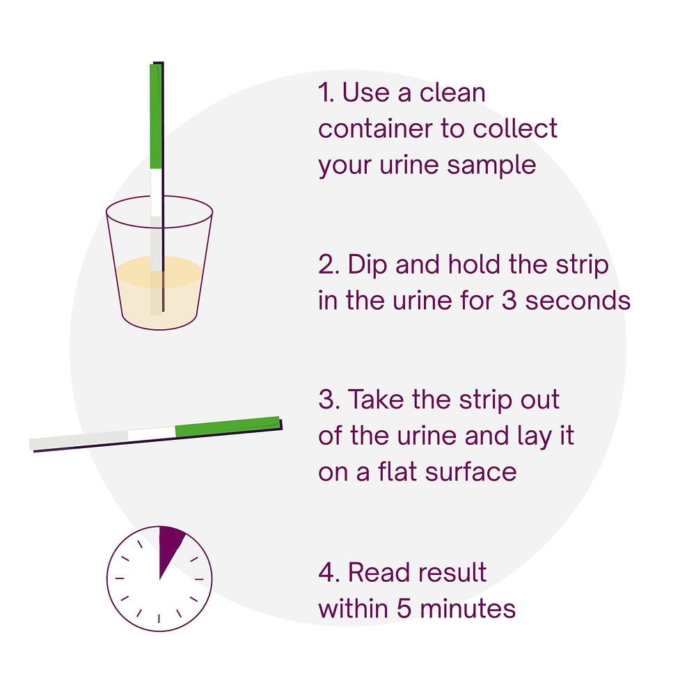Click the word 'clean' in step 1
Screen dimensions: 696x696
452,93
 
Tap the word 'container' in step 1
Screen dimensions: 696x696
375,129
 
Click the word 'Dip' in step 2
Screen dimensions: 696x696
367,266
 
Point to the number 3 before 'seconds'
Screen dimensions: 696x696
509,301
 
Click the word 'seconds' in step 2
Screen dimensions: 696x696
578,301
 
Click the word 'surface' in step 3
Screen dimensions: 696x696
471,471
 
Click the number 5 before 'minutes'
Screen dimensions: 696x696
404,608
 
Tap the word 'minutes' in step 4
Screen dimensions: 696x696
468,608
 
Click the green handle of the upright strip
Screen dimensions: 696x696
156,116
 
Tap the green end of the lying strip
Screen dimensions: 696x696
228,426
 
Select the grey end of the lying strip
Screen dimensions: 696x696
79,440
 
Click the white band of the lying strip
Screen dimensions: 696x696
152,434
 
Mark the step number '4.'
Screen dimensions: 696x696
329,572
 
